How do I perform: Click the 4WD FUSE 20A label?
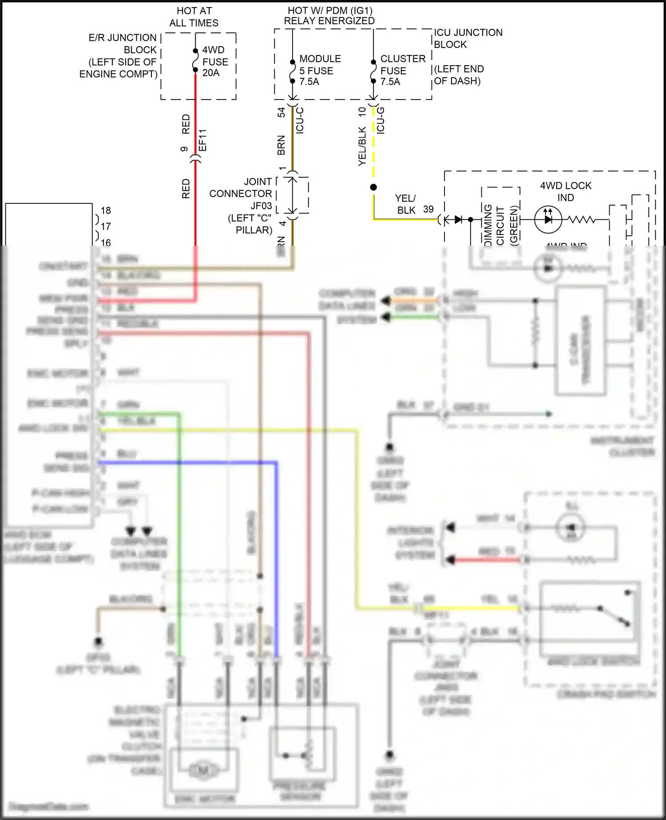click(x=215, y=62)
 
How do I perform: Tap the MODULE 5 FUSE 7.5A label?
click(x=319, y=70)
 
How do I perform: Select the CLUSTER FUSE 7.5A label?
click(x=402, y=70)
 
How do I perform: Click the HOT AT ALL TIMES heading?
click(x=194, y=17)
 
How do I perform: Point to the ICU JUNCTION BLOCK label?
click(x=468, y=39)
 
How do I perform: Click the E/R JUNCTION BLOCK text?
click(x=119, y=56)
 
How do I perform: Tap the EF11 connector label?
click(x=202, y=140)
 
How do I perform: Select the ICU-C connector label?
click(x=300, y=120)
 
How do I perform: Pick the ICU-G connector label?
click(x=381, y=120)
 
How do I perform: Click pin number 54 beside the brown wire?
click(x=281, y=112)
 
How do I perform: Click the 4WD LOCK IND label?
click(x=565, y=191)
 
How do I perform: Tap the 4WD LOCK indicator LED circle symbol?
click(x=548, y=219)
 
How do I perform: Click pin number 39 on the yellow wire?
click(x=428, y=209)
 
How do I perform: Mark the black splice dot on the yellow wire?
click(x=373, y=187)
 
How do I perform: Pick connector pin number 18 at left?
click(x=106, y=211)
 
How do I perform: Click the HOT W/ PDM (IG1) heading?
click(x=329, y=16)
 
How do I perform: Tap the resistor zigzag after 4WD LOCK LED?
click(x=582, y=219)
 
